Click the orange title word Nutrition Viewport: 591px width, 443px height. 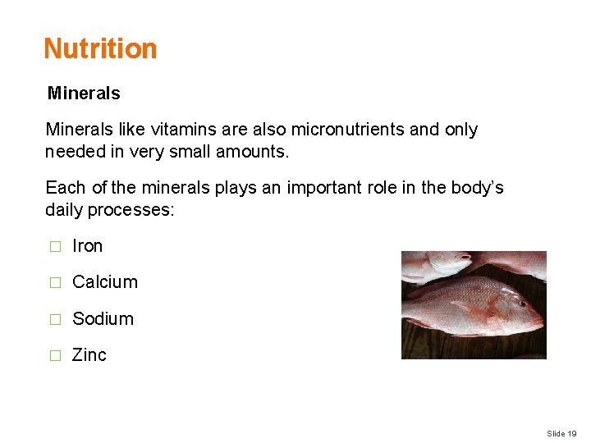point(100,48)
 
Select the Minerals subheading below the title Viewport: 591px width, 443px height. point(84,94)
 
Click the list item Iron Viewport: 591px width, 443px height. point(88,246)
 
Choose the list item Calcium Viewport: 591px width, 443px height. point(105,282)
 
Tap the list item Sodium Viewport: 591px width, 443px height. point(103,319)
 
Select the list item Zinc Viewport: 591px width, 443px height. point(89,355)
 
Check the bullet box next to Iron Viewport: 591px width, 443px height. point(54,247)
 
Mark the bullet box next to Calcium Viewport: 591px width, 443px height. point(54,283)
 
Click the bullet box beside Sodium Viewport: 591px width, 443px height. point(54,320)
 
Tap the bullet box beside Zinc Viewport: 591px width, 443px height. point(54,356)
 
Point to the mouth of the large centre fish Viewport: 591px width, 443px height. point(540,321)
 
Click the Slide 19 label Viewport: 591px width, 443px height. point(561,433)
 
